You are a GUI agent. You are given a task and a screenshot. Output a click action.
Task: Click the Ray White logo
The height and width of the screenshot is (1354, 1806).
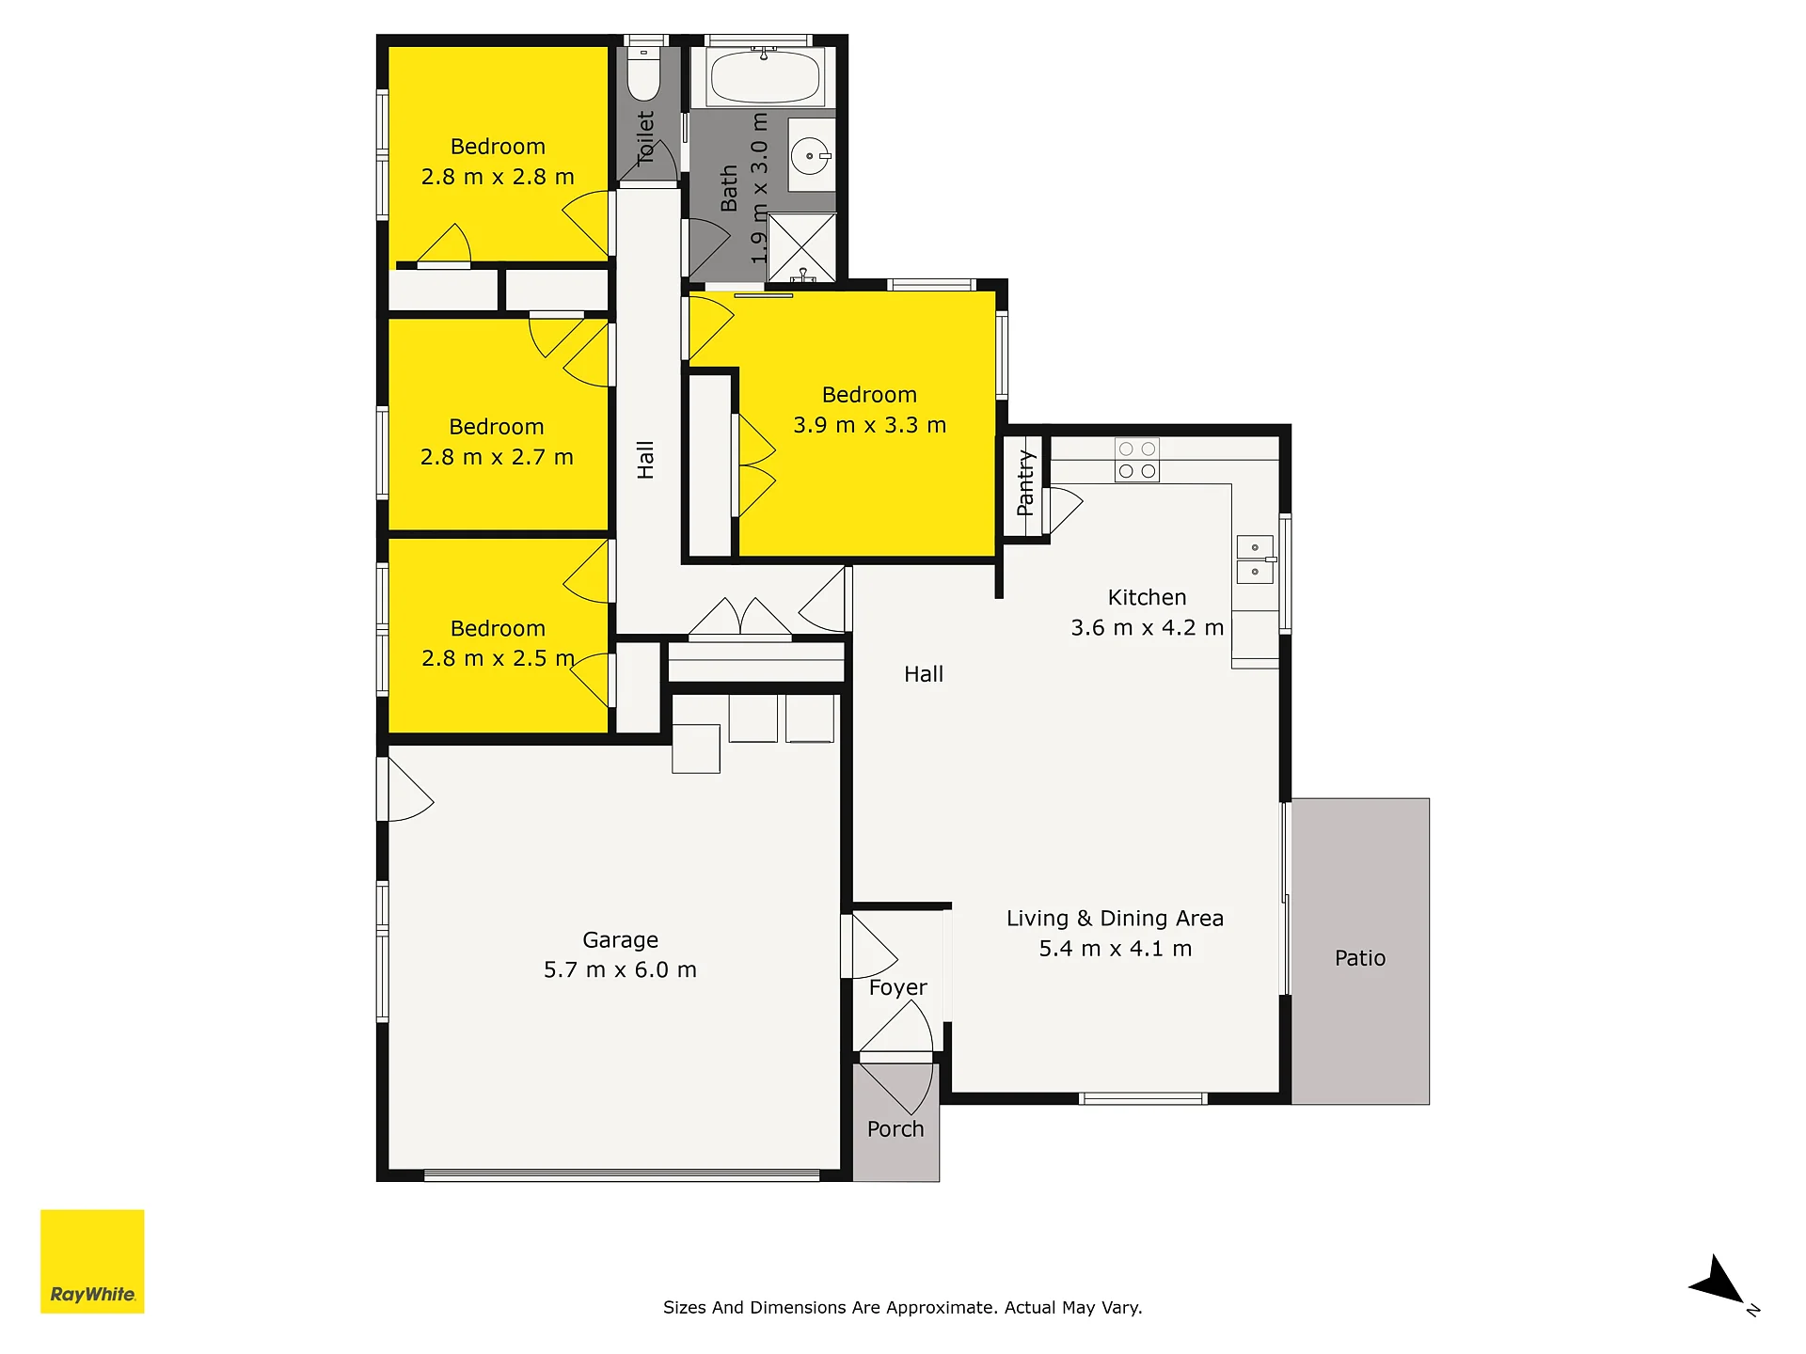92,1261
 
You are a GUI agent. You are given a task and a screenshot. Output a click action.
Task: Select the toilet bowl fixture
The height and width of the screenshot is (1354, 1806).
644,73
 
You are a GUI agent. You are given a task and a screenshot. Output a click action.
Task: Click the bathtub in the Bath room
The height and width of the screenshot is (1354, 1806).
764,77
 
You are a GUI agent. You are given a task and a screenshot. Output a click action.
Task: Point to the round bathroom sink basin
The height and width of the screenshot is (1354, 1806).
809,156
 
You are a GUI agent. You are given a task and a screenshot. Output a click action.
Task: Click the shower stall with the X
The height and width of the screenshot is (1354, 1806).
801,247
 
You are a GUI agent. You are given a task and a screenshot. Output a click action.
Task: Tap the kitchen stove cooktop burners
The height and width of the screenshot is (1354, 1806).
1136,460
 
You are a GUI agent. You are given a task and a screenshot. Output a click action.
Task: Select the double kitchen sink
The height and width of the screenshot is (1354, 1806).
1255,559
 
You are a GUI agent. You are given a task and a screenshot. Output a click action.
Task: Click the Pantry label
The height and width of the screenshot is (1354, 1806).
1025,483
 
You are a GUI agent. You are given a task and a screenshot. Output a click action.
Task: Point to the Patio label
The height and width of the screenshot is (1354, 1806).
1360,958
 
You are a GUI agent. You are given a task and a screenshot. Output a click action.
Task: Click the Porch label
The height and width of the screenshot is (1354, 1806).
895,1129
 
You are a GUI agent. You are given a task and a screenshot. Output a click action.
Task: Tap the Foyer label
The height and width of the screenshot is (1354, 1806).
897,988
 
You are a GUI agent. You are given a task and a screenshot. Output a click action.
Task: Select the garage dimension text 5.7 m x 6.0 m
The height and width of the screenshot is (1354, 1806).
620,970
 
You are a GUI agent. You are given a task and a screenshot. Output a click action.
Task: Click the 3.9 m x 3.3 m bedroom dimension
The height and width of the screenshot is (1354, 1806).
869,425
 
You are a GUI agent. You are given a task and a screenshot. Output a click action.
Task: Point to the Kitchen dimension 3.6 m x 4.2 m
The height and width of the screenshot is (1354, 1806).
1147,628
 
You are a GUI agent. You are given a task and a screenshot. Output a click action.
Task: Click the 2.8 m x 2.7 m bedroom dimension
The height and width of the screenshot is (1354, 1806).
497,457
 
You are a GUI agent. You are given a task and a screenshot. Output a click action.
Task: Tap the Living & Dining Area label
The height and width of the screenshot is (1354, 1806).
1115,919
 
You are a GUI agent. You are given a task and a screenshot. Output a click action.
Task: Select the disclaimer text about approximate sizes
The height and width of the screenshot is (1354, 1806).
902,1307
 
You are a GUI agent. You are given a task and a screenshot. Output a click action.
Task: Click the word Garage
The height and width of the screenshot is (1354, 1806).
620,940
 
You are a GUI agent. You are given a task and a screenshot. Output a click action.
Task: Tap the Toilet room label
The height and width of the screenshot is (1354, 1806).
645,137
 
